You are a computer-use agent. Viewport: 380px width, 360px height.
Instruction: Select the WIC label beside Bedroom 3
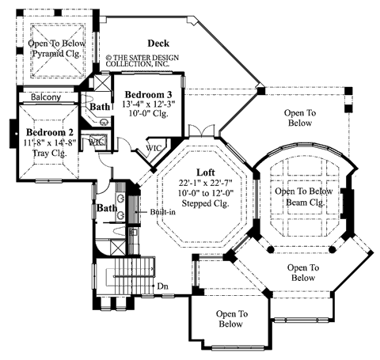(154, 147)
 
